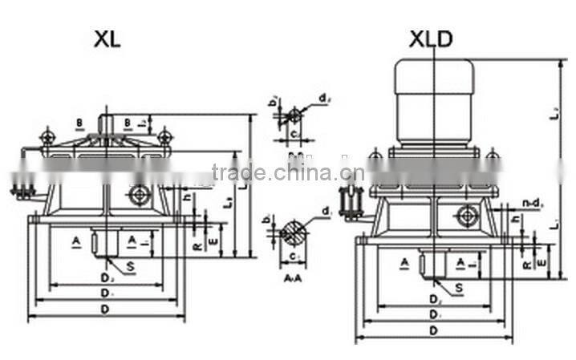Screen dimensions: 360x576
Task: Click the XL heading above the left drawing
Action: pyautogui.click(x=106, y=39)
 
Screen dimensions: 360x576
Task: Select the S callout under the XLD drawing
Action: pyautogui.click(x=458, y=287)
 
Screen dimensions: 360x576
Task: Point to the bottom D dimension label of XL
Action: pyautogui.click(x=106, y=309)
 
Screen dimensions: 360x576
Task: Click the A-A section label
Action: pyautogui.click(x=294, y=278)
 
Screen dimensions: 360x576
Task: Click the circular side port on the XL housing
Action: pyautogui.click(x=140, y=195)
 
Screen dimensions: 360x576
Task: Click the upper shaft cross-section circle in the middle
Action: pyautogui.click(x=294, y=114)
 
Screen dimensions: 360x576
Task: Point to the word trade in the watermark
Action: pyautogui.click(x=239, y=172)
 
